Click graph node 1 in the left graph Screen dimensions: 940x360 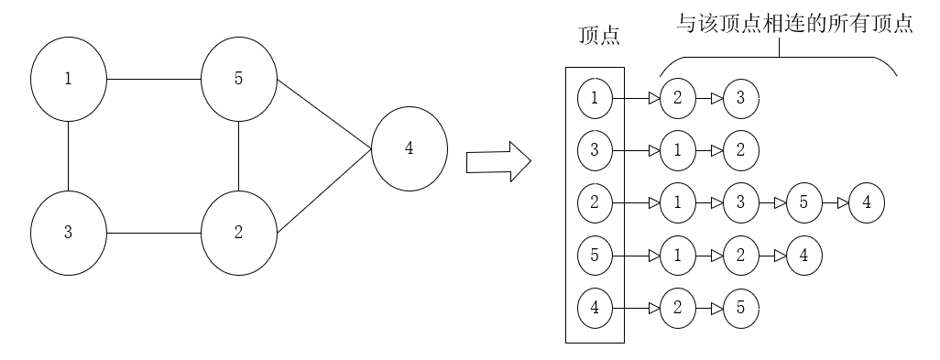(69, 79)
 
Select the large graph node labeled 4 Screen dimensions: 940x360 (410, 148)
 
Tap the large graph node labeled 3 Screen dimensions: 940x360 (69, 233)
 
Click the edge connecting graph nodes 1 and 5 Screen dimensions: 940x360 (154, 79)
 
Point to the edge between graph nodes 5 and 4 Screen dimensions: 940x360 (324, 115)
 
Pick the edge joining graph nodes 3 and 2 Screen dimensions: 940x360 (154, 233)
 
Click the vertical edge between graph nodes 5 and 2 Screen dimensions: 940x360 (238, 156)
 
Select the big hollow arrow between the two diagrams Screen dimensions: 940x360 (498, 162)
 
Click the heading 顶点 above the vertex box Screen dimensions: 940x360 (599, 36)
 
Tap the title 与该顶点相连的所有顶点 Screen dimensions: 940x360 (794, 24)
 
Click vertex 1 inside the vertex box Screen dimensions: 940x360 (595, 98)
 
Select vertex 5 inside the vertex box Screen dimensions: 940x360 (595, 256)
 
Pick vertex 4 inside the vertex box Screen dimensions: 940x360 (595, 309)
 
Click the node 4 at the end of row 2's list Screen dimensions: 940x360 (867, 203)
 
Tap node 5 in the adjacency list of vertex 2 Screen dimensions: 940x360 (803, 203)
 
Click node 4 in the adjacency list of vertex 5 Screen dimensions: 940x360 (803, 256)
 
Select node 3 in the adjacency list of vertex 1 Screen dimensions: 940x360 (741, 98)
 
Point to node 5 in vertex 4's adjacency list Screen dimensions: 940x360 (741, 309)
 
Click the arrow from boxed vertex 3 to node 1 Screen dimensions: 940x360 (636, 151)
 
